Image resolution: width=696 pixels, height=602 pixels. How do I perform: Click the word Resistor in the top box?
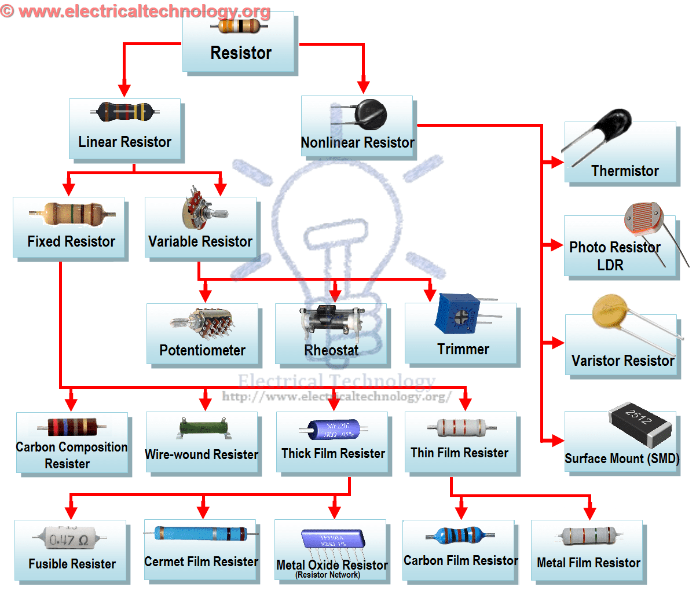[x=241, y=53]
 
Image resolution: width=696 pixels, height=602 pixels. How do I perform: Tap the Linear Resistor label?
[x=124, y=142]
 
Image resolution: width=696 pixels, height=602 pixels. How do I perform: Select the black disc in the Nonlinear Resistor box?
[x=371, y=112]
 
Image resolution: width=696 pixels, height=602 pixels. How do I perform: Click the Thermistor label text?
[x=625, y=171]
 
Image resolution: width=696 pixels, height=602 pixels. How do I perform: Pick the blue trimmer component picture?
[x=458, y=314]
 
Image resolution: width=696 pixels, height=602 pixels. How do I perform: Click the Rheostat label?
[x=331, y=350]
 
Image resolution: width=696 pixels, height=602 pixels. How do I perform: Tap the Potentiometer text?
[x=202, y=350]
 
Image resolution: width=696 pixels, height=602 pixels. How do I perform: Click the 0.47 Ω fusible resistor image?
[x=68, y=538]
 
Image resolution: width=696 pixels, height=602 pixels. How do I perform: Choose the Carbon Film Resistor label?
[x=460, y=560]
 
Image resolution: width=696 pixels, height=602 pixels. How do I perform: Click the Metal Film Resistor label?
[x=588, y=563]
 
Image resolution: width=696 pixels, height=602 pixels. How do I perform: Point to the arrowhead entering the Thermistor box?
[x=556, y=162]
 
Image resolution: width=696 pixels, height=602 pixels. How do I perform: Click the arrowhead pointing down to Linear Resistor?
[x=124, y=90]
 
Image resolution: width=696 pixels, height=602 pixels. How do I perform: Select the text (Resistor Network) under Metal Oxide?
[x=328, y=575]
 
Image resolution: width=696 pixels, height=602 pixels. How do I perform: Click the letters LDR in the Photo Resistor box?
[x=610, y=265]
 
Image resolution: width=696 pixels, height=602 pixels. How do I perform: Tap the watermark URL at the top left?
[x=135, y=11]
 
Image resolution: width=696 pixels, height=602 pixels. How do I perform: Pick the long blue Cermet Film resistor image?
[x=200, y=533]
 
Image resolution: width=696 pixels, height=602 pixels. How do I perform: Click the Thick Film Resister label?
[x=333, y=453]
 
